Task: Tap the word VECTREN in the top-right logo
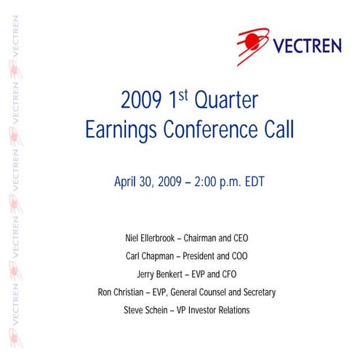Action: coord(306,47)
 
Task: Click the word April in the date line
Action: coord(127,182)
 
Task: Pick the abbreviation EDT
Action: coord(252,182)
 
